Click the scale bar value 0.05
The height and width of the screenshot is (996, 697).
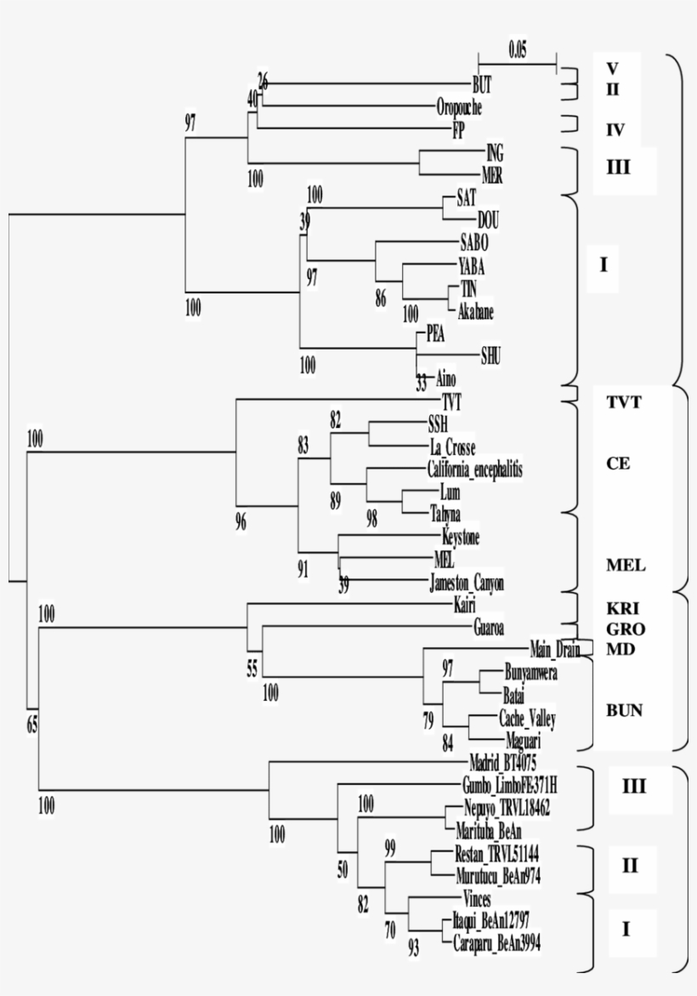pyautogui.click(x=518, y=49)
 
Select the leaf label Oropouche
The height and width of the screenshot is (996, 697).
pyautogui.click(x=460, y=107)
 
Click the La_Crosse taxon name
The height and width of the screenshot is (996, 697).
pyautogui.click(x=452, y=447)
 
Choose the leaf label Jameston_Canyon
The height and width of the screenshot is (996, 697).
pyautogui.click(x=467, y=583)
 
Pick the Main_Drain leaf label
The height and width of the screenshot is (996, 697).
pyautogui.click(x=554, y=647)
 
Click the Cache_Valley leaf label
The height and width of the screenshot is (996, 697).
pyautogui.click(x=526, y=719)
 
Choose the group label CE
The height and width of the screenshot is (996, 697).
pyautogui.click(x=618, y=464)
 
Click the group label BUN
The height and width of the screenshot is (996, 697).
pyautogui.click(x=623, y=709)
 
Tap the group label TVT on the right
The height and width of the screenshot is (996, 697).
pyautogui.click(x=623, y=403)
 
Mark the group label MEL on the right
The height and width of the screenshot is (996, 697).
pyautogui.click(x=625, y=564)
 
